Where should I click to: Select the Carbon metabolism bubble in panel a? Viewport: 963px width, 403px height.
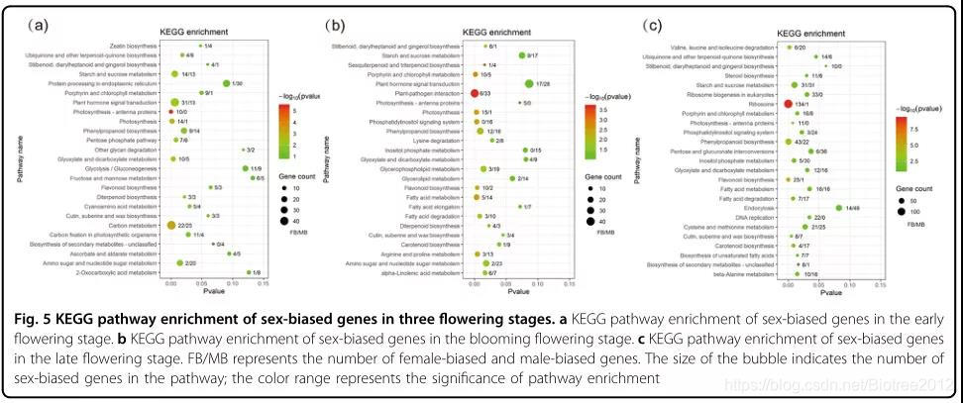click(171, 226)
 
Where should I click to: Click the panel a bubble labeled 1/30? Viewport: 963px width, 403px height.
click(227, 83)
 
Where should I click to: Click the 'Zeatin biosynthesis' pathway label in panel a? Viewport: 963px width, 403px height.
click(131, 46)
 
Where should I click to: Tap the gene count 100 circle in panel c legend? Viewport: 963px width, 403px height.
click(905, 211)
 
